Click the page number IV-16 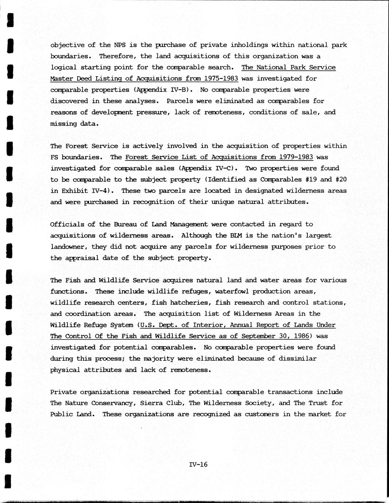tap(198, 464)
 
